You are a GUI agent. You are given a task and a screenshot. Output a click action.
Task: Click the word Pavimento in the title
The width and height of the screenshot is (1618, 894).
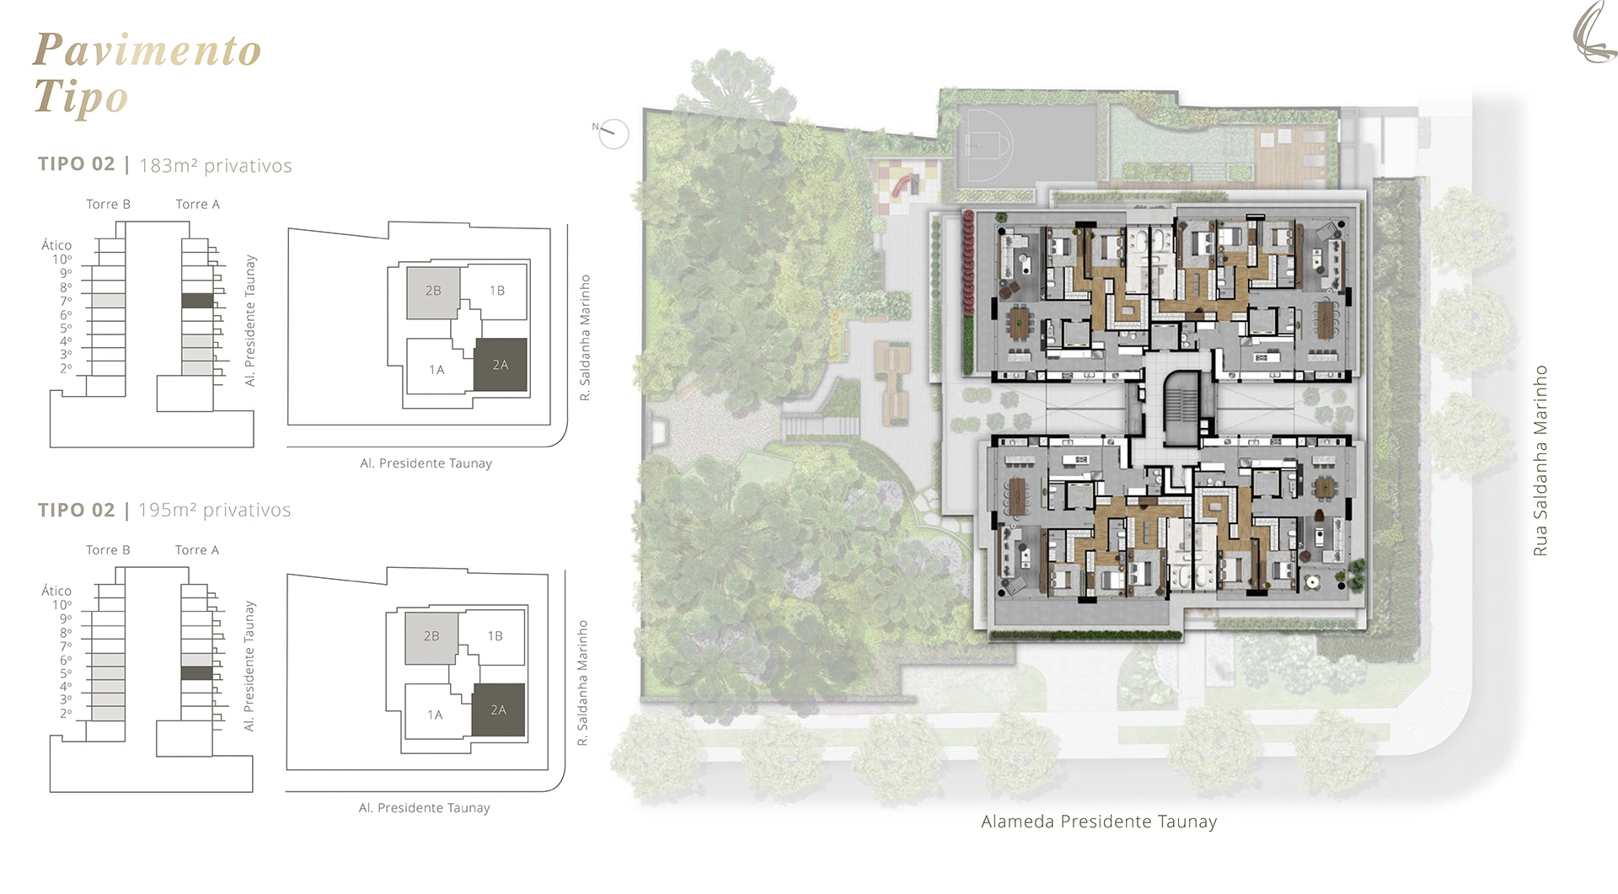click(x=147, y=50)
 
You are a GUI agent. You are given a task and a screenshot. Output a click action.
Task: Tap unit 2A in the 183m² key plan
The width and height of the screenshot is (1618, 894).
click(x=501, y=365)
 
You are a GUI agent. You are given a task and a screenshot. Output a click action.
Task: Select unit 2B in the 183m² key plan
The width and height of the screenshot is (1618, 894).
click(x=433, y=292)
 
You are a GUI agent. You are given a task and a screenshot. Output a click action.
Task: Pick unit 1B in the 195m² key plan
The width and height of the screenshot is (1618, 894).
click(x=495, y=636)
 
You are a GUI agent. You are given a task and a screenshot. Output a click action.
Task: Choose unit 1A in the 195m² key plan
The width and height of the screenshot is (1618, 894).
click(x=435, y=715)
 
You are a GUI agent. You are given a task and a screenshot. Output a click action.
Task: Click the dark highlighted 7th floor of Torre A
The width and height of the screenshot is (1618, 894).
click(x=197, y=301)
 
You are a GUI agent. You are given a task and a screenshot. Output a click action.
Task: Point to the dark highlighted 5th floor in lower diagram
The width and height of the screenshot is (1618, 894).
click(x=196, y=673)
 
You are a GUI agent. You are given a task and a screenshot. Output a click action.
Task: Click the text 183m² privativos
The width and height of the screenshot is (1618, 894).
click(x=216, y=165)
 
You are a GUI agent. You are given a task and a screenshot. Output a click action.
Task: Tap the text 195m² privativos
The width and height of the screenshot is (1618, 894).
click(x=215, y=510)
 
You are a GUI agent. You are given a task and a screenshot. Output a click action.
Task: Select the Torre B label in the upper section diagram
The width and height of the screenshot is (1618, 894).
click(x=108, y=204)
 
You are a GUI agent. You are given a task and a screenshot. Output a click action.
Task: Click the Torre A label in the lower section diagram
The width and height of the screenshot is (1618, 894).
click(x=197, y=550)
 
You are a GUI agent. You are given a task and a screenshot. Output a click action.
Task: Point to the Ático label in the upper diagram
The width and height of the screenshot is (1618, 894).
click(x=56, y=245)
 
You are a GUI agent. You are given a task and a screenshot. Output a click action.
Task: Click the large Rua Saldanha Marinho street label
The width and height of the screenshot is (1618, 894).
click(x=1540, y=460)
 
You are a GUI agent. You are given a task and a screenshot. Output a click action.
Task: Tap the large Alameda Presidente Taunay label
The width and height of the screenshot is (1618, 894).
click(x=1099, y=822)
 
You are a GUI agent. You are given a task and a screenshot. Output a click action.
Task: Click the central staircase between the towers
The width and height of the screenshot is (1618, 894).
click(x=1179, y=410)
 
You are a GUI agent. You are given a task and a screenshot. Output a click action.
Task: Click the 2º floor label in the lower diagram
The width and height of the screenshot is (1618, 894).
click(x=66, y=714)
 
